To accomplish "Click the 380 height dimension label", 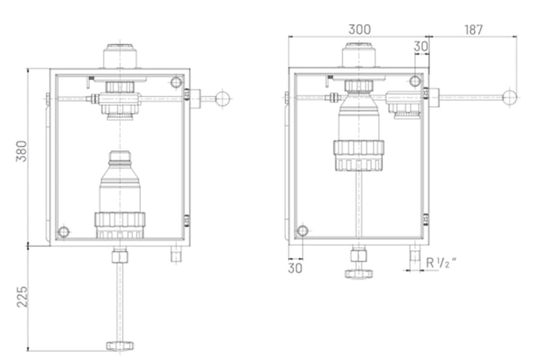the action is pyautogui.click(x=22, y=151).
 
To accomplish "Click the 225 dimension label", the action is pyautogui.click(x=22, y=297).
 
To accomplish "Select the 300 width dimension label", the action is pyautogui.click(x=359, y=30).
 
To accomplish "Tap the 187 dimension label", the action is pyautogui.click(x=474, y=30).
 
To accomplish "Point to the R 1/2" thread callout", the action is pyautogui.click(x=441, y=263).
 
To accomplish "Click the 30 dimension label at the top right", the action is pyautogui.click(x=421, y=47).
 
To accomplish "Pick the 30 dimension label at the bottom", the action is pyautogui.click(x=295, y=268).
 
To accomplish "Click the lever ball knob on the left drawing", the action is pyautogui.click(x=222, y=99).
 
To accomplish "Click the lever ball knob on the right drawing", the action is pyautogui.click(x=510, y=97).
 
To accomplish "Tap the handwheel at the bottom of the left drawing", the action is pyautogui.click(x=119, y=346).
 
